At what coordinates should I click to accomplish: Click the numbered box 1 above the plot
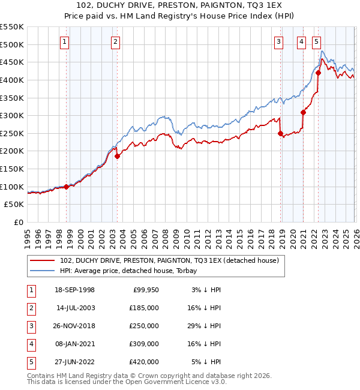pyautogui.click(x=64, y=41)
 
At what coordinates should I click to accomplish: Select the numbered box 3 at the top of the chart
pyautogui.click(x=279, y=41)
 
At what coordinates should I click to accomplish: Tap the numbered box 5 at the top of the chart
pyautogui.click(x=316, y=41)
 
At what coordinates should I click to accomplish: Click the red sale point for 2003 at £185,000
pyautogui.click(x=117, y=157)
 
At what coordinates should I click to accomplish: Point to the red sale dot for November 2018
pyautogui.click(x=280, y=134)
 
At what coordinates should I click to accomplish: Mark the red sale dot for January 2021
pyautogui.click(x=303, y=112)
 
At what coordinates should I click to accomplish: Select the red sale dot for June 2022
pyautogui.click(x=319, y=73)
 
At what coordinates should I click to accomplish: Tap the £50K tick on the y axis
pyautogui.click(x=14, y=205)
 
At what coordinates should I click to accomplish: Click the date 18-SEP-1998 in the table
pyautogui.click(x=74, y=290)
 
